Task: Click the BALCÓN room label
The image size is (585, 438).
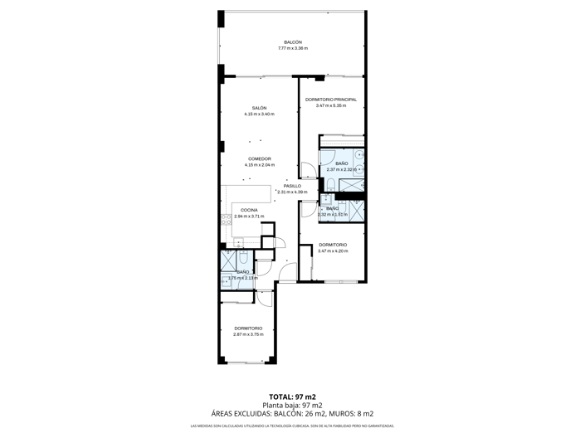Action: tap(292, 42)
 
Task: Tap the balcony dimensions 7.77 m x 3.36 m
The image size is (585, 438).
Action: tap(292, 49)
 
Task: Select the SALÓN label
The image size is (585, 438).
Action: tap(259, 108)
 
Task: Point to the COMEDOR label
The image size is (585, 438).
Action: tap(259, 158)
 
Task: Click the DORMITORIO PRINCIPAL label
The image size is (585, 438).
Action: tap(330, 100)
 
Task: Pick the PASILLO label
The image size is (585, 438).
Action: tap(292, 186)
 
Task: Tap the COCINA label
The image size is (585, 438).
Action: tap(249, 210)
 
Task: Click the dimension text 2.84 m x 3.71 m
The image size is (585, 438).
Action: tap(249, 217)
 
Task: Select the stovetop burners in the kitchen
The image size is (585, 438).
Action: tap(225, 219)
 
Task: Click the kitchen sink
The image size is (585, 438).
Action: tap(239, 243)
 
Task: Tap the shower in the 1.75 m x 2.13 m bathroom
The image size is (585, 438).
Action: tap(227, 258)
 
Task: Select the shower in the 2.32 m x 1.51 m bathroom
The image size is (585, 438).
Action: tap(357, 211)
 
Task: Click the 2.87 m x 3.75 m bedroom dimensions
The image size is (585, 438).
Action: tap(248, 334)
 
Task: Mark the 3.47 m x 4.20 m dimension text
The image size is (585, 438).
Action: tap(332, 251)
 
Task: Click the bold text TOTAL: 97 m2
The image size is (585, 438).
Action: tap(292, 397)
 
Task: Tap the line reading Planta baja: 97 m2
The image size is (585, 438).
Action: tap(292, 405)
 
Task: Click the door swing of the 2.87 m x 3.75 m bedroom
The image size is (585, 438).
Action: tap(264, 298)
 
